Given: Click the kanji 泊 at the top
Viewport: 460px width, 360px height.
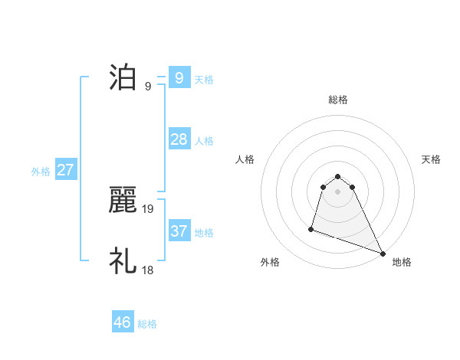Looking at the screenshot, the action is (x=123, y=78).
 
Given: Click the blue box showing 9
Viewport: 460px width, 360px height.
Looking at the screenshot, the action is (x=179, y=78).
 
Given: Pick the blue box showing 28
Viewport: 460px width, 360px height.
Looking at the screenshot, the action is (x=179, y=139).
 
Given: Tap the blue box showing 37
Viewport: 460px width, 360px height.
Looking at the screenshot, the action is (x=179, y=231).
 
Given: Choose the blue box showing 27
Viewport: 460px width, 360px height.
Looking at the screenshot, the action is (x=65, y=170).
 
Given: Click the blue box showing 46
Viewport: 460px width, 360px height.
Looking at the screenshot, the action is (x=123, y=322).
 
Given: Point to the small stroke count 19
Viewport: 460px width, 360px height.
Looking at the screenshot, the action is (x=148, y=208).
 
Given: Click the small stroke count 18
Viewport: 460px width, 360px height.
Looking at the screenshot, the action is (x=148, y=270).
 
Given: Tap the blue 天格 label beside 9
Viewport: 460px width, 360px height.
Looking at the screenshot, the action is (x=204, y=79).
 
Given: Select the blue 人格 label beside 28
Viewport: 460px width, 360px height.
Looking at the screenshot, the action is (x=204, y=141).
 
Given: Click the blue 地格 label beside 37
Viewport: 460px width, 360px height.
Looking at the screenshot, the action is (x=204, y=233).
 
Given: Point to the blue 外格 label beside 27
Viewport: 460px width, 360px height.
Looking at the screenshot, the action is (x=41, y=172).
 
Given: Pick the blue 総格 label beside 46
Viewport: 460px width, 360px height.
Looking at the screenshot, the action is (x=147, y=324).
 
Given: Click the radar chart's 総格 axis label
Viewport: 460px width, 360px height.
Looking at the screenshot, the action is (x=338, y=100).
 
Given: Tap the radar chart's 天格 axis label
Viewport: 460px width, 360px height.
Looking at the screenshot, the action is (x=432, y=159).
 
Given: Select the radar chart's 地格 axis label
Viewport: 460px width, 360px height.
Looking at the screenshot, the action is (x=402, y=262).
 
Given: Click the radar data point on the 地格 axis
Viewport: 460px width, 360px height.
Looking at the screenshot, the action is (x=383, y=253).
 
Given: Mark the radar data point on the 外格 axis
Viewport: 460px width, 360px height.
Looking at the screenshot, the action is (x=311, y=228).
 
